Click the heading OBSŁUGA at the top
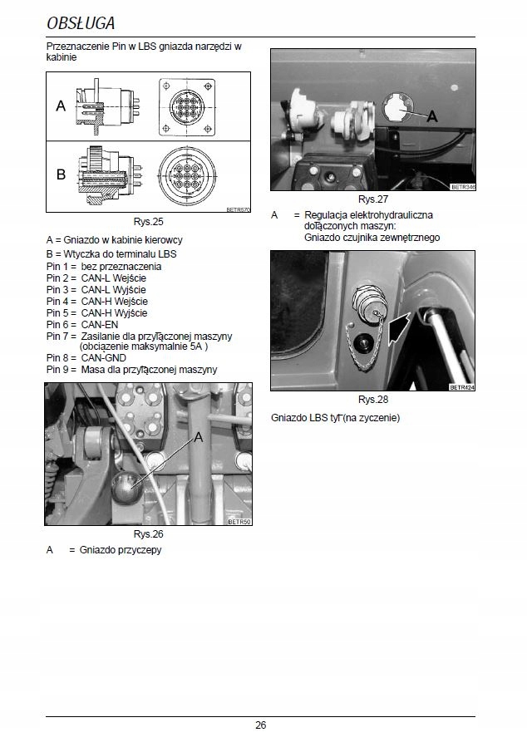[81, 22]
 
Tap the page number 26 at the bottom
[260, 725]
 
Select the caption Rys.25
[149, 223]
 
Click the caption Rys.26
[149, 534]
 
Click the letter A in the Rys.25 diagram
[60, 106]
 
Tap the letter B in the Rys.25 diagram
[61, 175]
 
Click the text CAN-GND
[105, 356]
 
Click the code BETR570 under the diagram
[238, 210]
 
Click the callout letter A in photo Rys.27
[431, 117]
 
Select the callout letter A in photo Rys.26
[199, 437]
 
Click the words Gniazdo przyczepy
[121, 550]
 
